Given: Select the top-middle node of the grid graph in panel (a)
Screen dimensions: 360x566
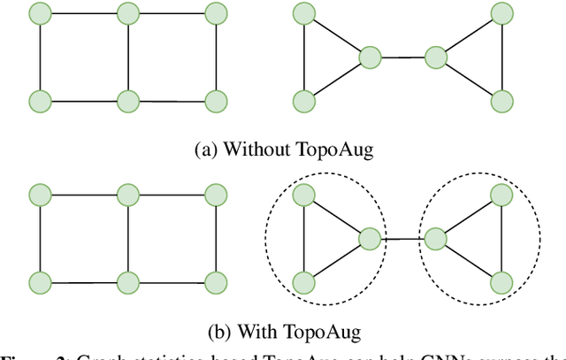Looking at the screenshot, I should (128, 13).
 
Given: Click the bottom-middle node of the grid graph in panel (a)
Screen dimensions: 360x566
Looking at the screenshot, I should (128, 100).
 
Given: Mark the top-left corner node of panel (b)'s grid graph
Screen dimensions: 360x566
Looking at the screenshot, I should (39, 193).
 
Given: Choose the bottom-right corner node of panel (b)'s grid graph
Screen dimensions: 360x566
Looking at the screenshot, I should (215, 282).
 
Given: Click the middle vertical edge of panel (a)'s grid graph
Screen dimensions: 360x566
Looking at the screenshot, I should (128, 57).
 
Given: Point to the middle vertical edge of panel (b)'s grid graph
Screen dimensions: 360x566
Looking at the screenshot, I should (128, 237).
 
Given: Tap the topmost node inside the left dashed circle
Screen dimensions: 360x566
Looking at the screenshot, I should (303, 193).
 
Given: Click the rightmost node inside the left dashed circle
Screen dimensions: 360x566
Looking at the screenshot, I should (370, 237).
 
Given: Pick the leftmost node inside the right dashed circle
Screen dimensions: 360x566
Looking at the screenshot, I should (435, 237).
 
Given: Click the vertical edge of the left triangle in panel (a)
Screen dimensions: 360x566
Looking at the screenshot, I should (303, 57).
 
